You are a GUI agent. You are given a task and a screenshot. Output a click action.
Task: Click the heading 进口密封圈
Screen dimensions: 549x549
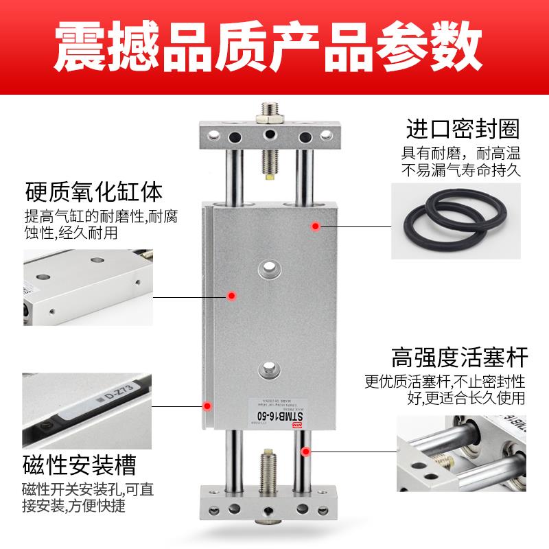(462, 129)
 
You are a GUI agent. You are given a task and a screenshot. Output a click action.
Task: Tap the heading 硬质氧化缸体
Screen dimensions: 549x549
(94, 189)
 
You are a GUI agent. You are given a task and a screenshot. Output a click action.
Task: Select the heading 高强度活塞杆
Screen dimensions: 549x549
(458, 358)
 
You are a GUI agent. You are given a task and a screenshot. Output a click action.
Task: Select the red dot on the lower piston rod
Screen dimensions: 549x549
(305, 451)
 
